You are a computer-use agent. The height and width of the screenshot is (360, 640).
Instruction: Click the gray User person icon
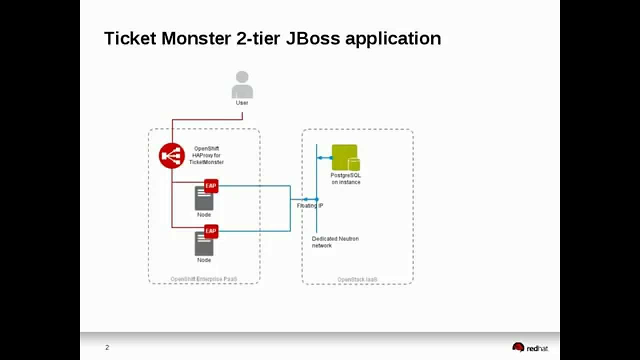[242, 85]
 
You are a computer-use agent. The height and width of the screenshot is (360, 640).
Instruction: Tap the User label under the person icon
[242, 103]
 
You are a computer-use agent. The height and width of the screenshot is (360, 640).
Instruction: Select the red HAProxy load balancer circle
[171, 155]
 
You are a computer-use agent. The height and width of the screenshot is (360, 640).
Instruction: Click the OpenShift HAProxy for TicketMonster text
[206, 155]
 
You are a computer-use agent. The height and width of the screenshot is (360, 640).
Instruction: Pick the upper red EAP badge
[211, 186]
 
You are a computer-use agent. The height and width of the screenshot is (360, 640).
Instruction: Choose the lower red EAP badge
[211, 231]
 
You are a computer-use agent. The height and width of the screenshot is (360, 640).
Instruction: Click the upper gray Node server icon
[204, 199]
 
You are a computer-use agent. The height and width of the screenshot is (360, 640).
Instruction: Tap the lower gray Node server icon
[204, 244]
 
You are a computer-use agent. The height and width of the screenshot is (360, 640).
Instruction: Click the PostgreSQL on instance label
[345, 179]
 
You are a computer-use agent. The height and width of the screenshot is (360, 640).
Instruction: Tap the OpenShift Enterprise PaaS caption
[204, 279]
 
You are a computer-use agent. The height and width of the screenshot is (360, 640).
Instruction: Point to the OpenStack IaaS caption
[357, 279]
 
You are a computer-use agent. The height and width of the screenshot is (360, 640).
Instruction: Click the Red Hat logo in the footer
[530, 347]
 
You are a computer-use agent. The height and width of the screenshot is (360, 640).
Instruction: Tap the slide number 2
[107, 347]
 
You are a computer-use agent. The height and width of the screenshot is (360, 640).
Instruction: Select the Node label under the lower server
[204, 260]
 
